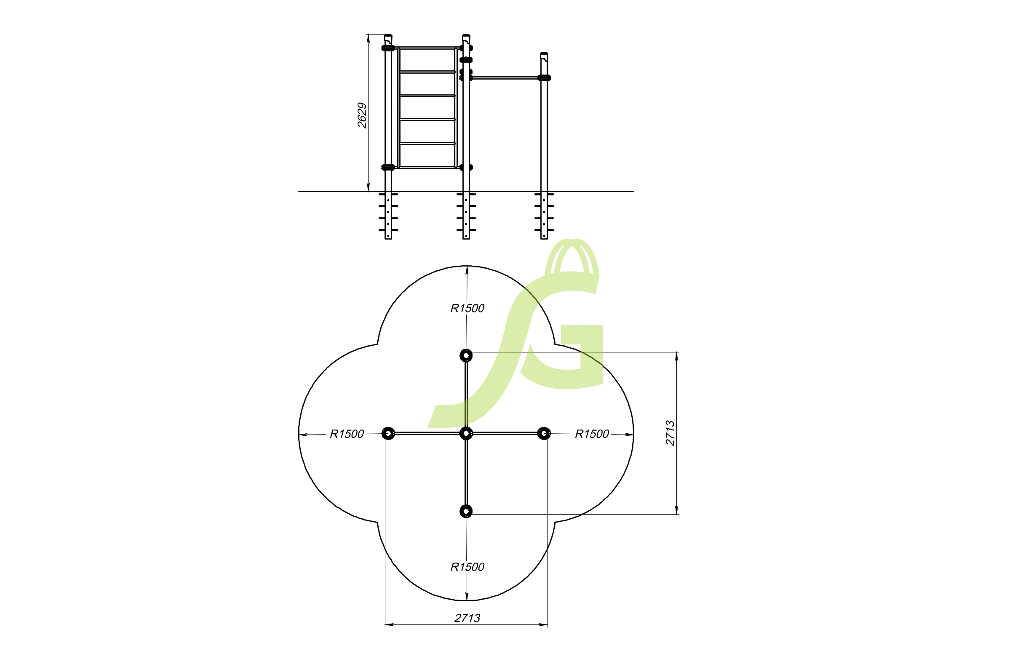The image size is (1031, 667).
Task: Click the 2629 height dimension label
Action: pyautogui.click(x=362, y=115)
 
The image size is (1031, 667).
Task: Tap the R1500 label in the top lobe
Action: pyautogui.click(x=467, y=308)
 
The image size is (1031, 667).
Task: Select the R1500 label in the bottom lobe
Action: pyautogui.click(x=467, y=566)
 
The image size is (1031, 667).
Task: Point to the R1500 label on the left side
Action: pyautogui.click(x=347, y=434)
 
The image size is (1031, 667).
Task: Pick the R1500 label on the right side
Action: pyautogui.click(x=592, y=434)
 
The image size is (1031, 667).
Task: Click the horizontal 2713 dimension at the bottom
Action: pyautogui.click(x=467, y=618)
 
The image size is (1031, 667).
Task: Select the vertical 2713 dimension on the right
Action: pyautogui.click(x=670, y=433)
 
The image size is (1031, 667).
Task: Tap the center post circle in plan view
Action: pyautogui.click(x=466, y=433)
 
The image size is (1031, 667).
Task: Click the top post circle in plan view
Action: pyautogui.click(x=466, y=355)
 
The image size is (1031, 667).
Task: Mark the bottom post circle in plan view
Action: pyautogui.click(x=466, y=511)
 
